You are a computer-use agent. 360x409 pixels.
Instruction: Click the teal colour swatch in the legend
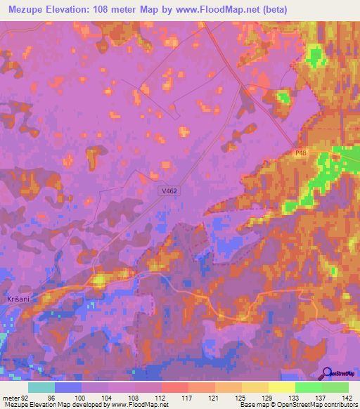[x=41, y=387]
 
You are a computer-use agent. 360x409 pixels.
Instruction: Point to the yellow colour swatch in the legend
[x=281, y=387]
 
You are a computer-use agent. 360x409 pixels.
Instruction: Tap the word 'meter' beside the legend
[x=10, y=396]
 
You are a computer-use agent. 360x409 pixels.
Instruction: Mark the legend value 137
[x=320, y=396]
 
